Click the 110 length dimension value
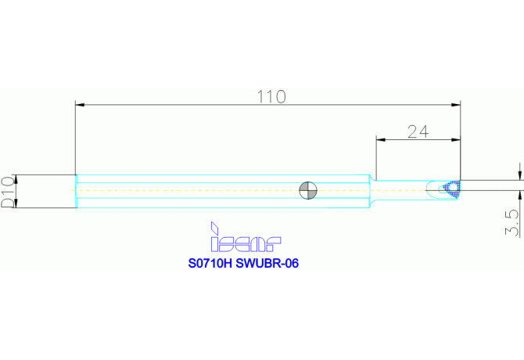coord(271,96)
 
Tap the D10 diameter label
coord(7,192)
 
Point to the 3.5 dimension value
coord(512,223)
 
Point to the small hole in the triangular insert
coord(451,186)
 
